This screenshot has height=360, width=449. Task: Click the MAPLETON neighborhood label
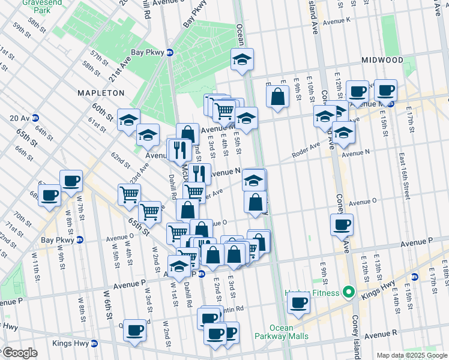coord(100,93)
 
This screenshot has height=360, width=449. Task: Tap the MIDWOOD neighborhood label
coord(382,60)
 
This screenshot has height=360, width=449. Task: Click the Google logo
coord(20,353)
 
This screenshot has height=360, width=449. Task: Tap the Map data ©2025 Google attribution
coord(411,355)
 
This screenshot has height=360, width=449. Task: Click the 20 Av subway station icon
coord(35,118)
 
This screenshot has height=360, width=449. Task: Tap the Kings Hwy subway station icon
coord(94,344)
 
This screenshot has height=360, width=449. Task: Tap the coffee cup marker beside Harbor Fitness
coord(298,302)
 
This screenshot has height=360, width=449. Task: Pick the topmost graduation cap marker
coord(243,59)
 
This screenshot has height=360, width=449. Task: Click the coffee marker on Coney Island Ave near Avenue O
coord(342,224)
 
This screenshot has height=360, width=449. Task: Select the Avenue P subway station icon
coord(202,274)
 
